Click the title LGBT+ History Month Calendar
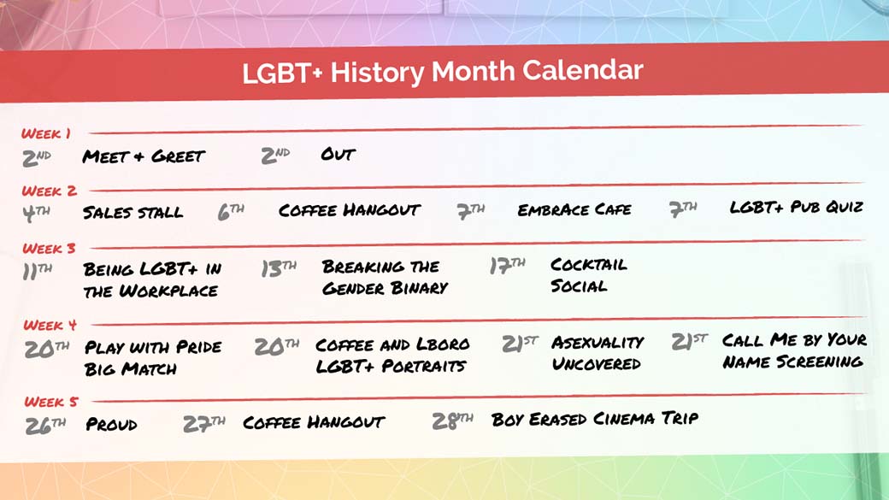[x=442, y=71]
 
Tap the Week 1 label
[x=46, y=133]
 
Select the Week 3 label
[x=49, y=249]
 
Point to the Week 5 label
[x=51, y=401]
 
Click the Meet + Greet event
[x=144, y=156]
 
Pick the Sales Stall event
[x=132, y=212]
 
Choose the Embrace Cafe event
[x=574, y=209]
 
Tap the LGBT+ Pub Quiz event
[x=796, y=207]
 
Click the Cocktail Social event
[x=588, y=275]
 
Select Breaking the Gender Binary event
[x=384, y=277]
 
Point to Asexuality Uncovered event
[x=597, y=352]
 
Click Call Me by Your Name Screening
[x=793, y=350]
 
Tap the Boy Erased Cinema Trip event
[x=594, y=419]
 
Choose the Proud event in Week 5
[x=111, y=424]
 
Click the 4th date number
[x=36, y=213]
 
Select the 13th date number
[x=279, y=268]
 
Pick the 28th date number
[x=453, y=421]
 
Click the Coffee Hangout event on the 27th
[x=314, y=422]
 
